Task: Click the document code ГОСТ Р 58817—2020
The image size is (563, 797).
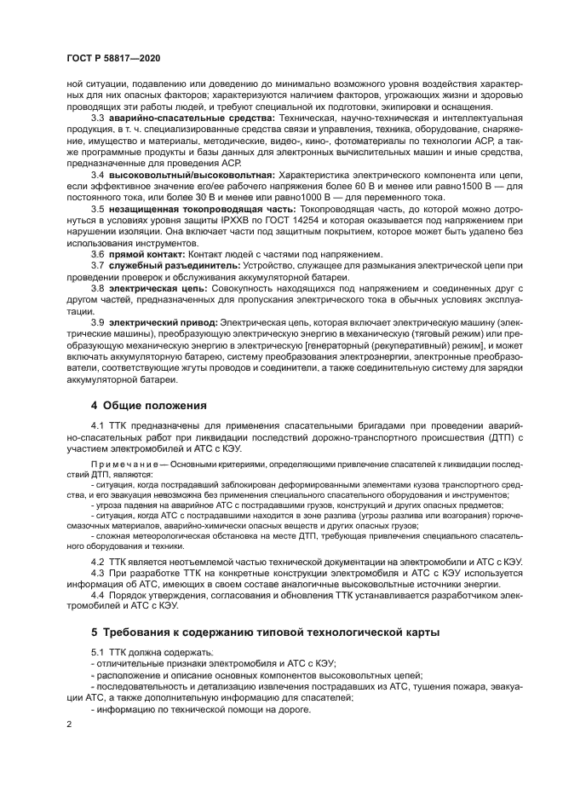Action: tap(112, 55)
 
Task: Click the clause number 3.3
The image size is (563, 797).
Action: tap(98, 117)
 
